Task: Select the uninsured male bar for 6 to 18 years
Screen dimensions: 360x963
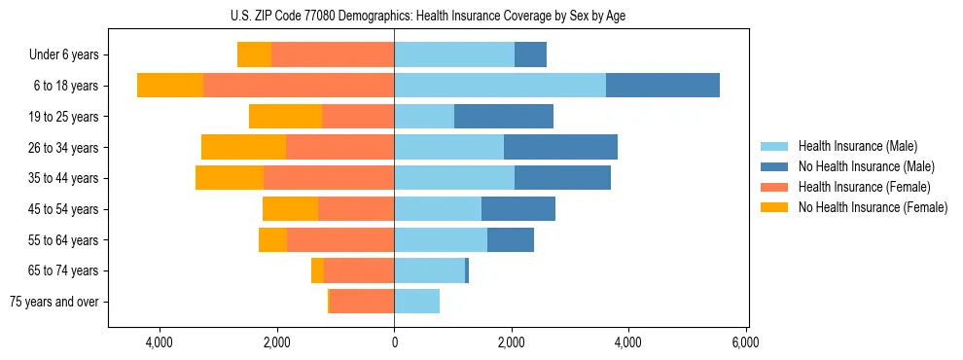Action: tap(662, 85)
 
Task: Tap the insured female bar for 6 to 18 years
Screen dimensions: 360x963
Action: tap(299, 85)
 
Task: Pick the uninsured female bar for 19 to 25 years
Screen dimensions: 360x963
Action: tap(285, 116)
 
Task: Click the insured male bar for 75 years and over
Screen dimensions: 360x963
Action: tap(416, 302)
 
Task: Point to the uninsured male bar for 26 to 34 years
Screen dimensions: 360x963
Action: tap(560, 147)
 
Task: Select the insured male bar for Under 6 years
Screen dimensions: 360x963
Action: tap(454, 54)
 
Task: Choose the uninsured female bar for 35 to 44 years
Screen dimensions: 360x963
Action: tap(230, 178)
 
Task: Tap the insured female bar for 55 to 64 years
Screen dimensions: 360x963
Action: tap(340, 239)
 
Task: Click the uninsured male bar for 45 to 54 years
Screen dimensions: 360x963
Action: tap(517, 208)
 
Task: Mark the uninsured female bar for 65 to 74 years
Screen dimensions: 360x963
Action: tap(317, 270)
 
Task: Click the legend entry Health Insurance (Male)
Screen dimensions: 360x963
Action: tap(857, 146)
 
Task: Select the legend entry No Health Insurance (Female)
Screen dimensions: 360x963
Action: tap(873, 207)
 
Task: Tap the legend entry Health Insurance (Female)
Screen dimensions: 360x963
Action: tap(864, 187)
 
